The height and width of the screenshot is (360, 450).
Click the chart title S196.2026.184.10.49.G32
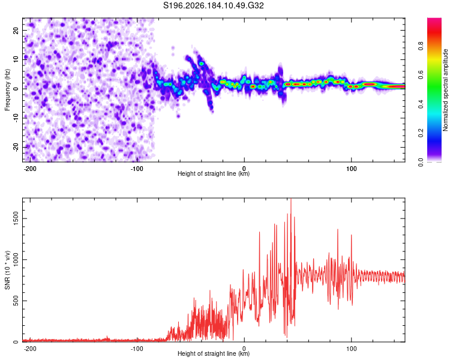tap(213, 5)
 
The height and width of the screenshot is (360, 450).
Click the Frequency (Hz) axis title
tap(7, 90)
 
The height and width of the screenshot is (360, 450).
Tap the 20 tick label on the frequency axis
tap(16, 31)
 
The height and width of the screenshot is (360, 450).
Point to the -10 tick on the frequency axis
tap(16, 118)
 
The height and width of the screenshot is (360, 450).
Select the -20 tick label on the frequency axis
tap(16, 147)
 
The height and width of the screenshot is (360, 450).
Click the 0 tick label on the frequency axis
tap(16, 89)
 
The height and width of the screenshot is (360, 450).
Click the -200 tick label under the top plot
tap(29, 169)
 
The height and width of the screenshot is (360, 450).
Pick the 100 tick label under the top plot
tap(351, 169)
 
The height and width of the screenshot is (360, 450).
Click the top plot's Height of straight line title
tap(214, 173)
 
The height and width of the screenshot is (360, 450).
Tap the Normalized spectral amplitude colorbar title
tap(445, 90)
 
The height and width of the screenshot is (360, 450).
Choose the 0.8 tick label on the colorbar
tap(421, 46)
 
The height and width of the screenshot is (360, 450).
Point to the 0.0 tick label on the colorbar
tap(421, 162)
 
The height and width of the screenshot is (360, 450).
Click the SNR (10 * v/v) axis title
tap(7, 270)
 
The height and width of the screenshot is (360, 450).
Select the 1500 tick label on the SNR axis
tap(16, 218)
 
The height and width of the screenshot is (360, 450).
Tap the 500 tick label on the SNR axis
tap(16, 301)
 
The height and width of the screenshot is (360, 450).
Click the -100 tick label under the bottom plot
tap(137, 349)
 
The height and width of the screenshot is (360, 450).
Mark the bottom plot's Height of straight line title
tap(214, 353)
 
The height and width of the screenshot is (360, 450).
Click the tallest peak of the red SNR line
tap(291, 199)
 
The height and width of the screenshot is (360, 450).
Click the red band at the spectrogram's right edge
tap(396, 86)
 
